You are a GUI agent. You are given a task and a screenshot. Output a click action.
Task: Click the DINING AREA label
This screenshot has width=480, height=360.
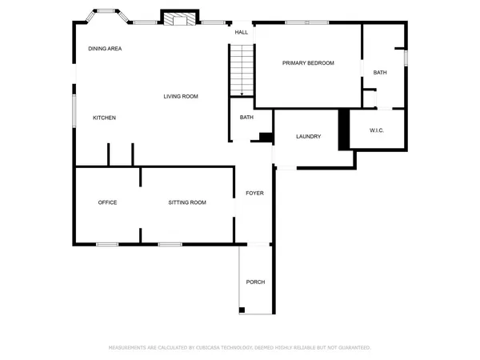click(x=105, y=49)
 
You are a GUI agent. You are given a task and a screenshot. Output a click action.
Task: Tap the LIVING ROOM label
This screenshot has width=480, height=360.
click(x=181, y=97)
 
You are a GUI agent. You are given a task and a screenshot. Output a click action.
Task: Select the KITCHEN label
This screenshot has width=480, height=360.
click(x=104, y=118)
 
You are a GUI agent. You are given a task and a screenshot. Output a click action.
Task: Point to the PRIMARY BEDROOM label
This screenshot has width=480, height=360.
click(x=308, y=63)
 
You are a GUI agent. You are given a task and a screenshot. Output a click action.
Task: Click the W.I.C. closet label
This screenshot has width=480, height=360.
click(x=378, y=130)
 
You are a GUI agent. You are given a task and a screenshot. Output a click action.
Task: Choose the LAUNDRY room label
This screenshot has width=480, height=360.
click(x=308, y=137)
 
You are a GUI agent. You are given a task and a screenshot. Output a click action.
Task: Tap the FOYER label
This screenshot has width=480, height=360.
click(x=254, y=193)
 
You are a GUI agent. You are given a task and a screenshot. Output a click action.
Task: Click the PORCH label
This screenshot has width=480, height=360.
click(x=255, y=282)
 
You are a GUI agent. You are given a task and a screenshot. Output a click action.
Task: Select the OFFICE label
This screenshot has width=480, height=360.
click(x=107, y=202)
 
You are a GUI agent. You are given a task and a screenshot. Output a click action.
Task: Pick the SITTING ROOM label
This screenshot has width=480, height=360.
click(x=187, y=202)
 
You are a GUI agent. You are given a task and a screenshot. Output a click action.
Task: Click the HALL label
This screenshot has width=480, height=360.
click(x=241, y=33)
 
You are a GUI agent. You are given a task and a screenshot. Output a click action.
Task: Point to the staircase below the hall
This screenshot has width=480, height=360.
click(x=242, y=70)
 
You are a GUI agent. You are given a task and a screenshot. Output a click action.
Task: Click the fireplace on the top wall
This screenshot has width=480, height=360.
click(x=178, y=18)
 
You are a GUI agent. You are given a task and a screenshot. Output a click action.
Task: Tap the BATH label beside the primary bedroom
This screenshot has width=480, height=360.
click(x=380, y=73)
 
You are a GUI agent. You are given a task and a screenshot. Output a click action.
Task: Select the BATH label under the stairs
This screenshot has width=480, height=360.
click(x=246, y=118)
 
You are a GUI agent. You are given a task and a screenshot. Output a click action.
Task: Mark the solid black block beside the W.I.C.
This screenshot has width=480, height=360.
click(x=344, y=128)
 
